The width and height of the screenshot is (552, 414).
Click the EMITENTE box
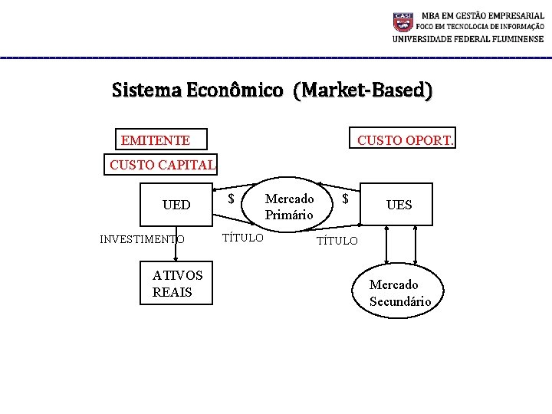coord(155,140)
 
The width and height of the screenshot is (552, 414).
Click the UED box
coord(176,205)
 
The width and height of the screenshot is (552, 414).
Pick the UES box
coord(399,205)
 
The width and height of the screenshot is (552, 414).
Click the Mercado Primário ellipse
coord(289,206)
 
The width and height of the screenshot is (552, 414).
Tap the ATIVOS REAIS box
coord(177,284)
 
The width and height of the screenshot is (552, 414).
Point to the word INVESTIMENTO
coord(142,239)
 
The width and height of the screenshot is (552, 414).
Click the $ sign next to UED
coord(232,199)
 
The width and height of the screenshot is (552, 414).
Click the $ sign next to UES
coord(346,199)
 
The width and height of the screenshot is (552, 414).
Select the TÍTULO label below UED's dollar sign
coord(242,238)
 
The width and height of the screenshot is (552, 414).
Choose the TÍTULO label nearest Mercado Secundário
coord(337,241)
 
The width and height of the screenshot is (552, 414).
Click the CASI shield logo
coord(403,21)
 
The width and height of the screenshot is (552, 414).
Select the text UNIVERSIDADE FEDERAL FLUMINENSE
coord(468,39)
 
